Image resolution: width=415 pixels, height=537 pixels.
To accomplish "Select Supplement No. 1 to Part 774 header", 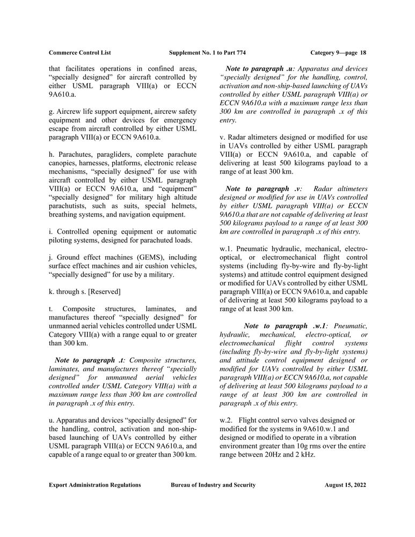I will pos(207,53).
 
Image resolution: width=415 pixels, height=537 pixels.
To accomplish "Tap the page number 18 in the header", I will pos(363,53).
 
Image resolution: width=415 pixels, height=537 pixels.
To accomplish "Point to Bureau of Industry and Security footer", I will pos(213,485).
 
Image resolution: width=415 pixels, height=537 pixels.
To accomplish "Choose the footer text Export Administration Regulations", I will pos(94,485).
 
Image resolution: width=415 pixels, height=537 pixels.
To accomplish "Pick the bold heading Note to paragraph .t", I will pos(90,360).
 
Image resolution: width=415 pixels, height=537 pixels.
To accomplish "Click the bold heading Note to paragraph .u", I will pos(260,69).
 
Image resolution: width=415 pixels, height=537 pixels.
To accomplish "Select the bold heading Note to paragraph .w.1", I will pos(287,326).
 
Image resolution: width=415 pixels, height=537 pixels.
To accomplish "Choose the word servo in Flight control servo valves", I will pos(294,419).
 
